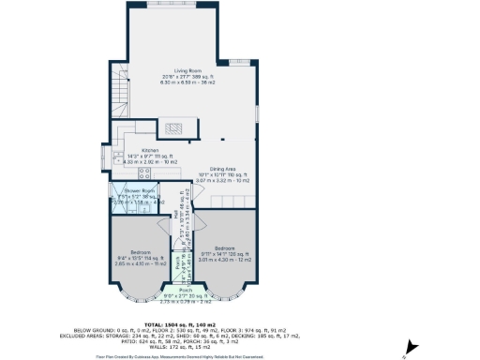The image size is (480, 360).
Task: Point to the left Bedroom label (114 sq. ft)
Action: tap(141, 252)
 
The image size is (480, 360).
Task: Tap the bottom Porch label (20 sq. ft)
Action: tap(185, 291)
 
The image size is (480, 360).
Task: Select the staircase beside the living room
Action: tap(118, 89)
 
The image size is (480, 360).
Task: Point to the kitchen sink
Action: tap(117, 157)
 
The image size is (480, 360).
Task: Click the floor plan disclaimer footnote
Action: tap(187, 356)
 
